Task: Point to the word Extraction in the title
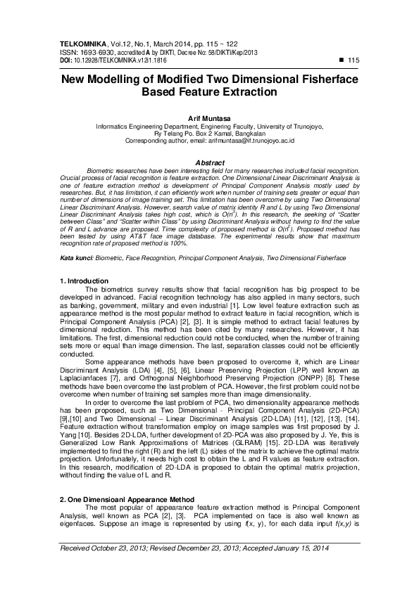coord(243,92)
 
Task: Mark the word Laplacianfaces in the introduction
coord(94,378)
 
